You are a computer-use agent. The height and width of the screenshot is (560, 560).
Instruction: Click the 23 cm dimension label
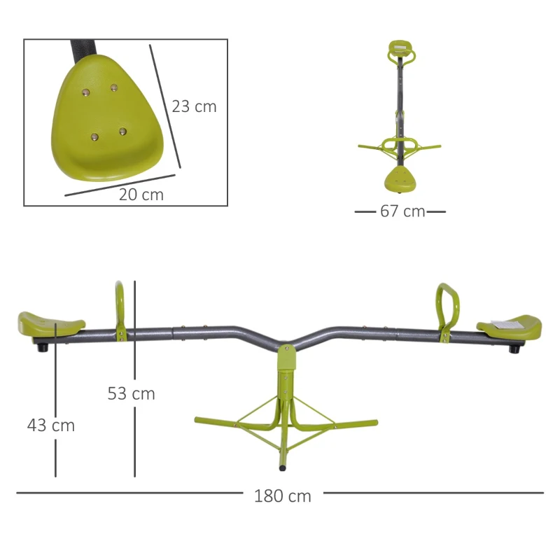[194, 106]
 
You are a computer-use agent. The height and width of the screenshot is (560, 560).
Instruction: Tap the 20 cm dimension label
[141, 195]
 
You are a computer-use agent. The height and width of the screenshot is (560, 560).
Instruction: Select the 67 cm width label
[402, 211]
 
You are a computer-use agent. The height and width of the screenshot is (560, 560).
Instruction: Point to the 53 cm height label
[131, 393]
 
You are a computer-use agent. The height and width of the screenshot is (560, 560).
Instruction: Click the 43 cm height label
[50, 425]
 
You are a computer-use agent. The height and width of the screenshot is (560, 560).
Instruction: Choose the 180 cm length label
[282, 496]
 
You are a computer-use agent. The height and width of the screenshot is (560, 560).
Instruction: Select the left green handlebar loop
[120, 308]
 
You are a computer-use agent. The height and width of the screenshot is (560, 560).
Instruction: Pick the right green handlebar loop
[444, 308]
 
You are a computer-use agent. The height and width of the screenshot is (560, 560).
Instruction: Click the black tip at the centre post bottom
[281, 465]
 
